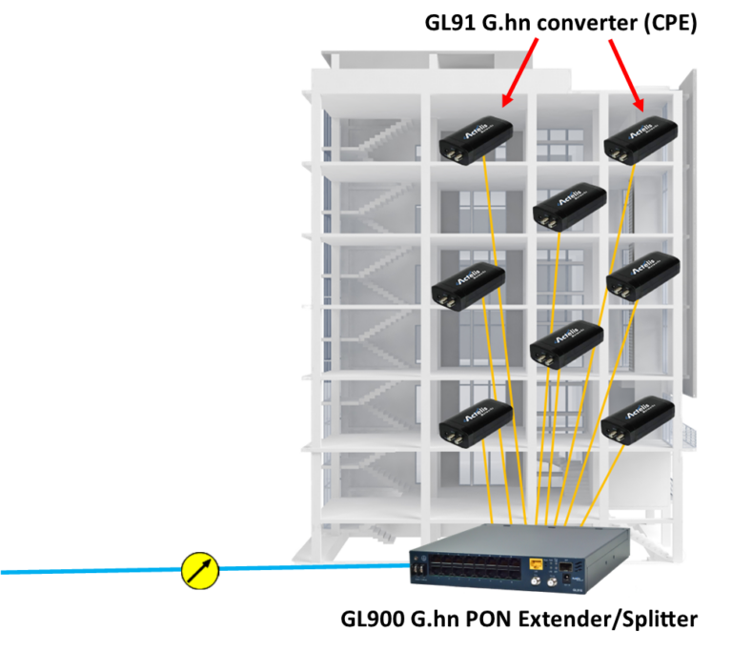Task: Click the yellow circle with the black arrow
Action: (200, 570)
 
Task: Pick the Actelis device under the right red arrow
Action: (641, 140)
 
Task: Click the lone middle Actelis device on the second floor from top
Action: (569, 206)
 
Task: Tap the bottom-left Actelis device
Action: (476, 422)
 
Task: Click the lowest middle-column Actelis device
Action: (566, 343)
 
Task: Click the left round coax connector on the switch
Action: (522, 581)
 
